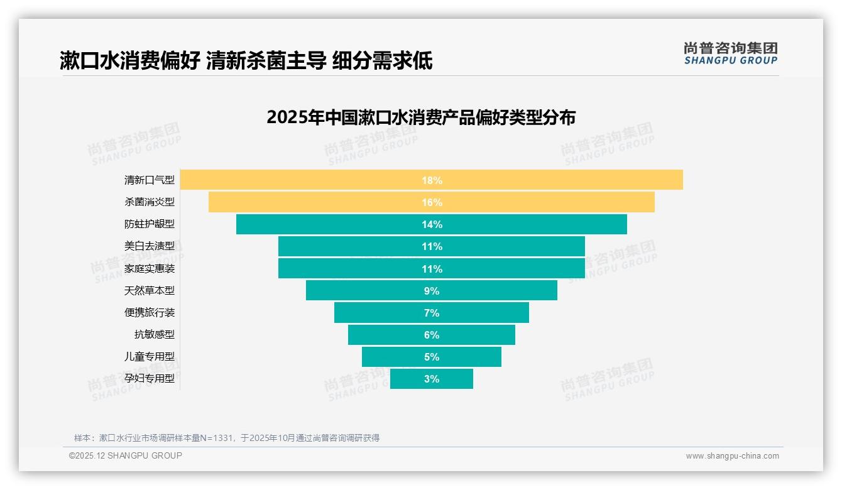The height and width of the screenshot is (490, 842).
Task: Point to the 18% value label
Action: pos(432,180)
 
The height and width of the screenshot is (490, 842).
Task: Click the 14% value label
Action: pos(432,224)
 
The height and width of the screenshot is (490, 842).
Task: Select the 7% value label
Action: pos(432,313)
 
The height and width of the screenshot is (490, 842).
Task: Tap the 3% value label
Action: pos(432,379)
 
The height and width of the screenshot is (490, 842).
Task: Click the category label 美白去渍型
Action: pos(150,246)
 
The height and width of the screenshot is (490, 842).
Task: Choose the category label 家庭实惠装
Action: pos(150,268)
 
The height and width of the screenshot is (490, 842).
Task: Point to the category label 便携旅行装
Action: pos(150,312)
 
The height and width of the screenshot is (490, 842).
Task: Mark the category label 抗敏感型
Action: pos(155,334)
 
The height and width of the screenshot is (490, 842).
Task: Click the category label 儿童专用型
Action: pos(150,356)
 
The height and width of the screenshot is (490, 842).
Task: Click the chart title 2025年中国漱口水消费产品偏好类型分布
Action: pos(420,117)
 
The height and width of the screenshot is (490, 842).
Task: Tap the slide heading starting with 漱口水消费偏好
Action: pos(246,61)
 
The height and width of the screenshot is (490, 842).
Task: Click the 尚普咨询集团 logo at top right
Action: pos(730,53)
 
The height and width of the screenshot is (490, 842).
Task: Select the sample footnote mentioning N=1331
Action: pos(227,438)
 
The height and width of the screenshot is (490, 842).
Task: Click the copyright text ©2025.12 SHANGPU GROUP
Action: pos(126,455)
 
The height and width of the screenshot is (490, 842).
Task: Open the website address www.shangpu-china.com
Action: pos(732,456)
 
